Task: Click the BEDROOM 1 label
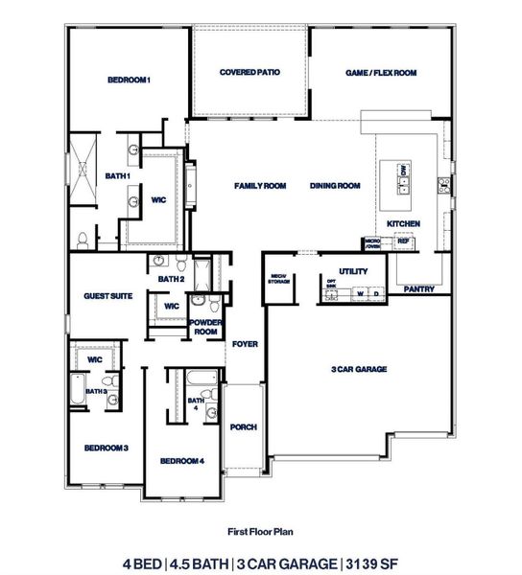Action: (129, 80)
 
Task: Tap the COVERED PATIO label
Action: (249, 72)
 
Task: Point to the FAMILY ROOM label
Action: (261, 185)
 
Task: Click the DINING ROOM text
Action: (334, 185)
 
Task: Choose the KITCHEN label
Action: (403, 223)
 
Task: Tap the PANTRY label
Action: (419, 288)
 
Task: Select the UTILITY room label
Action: (353, 271)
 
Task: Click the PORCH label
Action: (245, 426)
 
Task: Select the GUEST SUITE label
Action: (107, 296)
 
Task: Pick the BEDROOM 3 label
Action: (106, 448)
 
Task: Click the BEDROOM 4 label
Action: (182, 461)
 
